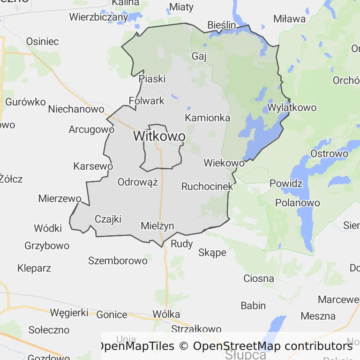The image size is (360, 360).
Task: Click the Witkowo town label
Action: pos(159,136)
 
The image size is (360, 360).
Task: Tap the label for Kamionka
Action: pos(208,118)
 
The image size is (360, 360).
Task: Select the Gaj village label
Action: pos(199,56)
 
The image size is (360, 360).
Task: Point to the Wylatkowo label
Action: pos(292,107)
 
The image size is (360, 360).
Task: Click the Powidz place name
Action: pos(286,183)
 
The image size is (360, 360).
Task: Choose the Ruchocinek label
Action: pos(207,186)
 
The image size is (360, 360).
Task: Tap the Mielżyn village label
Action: pos(157,226)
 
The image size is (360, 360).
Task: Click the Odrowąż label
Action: pos(138,182)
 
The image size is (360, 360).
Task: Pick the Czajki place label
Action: pos(108,219)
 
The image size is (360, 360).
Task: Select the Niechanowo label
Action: pos(76,109)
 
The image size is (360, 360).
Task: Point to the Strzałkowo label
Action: pos(196,329)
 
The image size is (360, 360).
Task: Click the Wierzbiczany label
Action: pos(98,17)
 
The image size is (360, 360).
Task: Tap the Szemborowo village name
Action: pos(118,261)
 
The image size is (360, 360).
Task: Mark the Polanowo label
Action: pos(298,203)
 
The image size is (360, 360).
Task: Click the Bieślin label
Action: pos(222,25)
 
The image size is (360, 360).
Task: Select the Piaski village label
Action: pos(152,79)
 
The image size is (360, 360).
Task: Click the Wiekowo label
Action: pos(224,163)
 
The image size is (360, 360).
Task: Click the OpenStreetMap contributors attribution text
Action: pos(273,346)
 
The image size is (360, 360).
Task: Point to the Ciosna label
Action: pos(259,278)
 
